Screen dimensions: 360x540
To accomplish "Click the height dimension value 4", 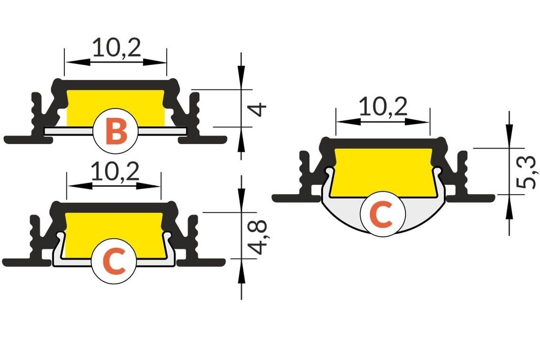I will tap(259, 109).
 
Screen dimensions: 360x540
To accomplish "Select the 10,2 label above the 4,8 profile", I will tap(114, 172).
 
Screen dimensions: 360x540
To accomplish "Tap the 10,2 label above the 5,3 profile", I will tap(383, 108).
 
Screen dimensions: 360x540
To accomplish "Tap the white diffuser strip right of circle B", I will tap(162, 131).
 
